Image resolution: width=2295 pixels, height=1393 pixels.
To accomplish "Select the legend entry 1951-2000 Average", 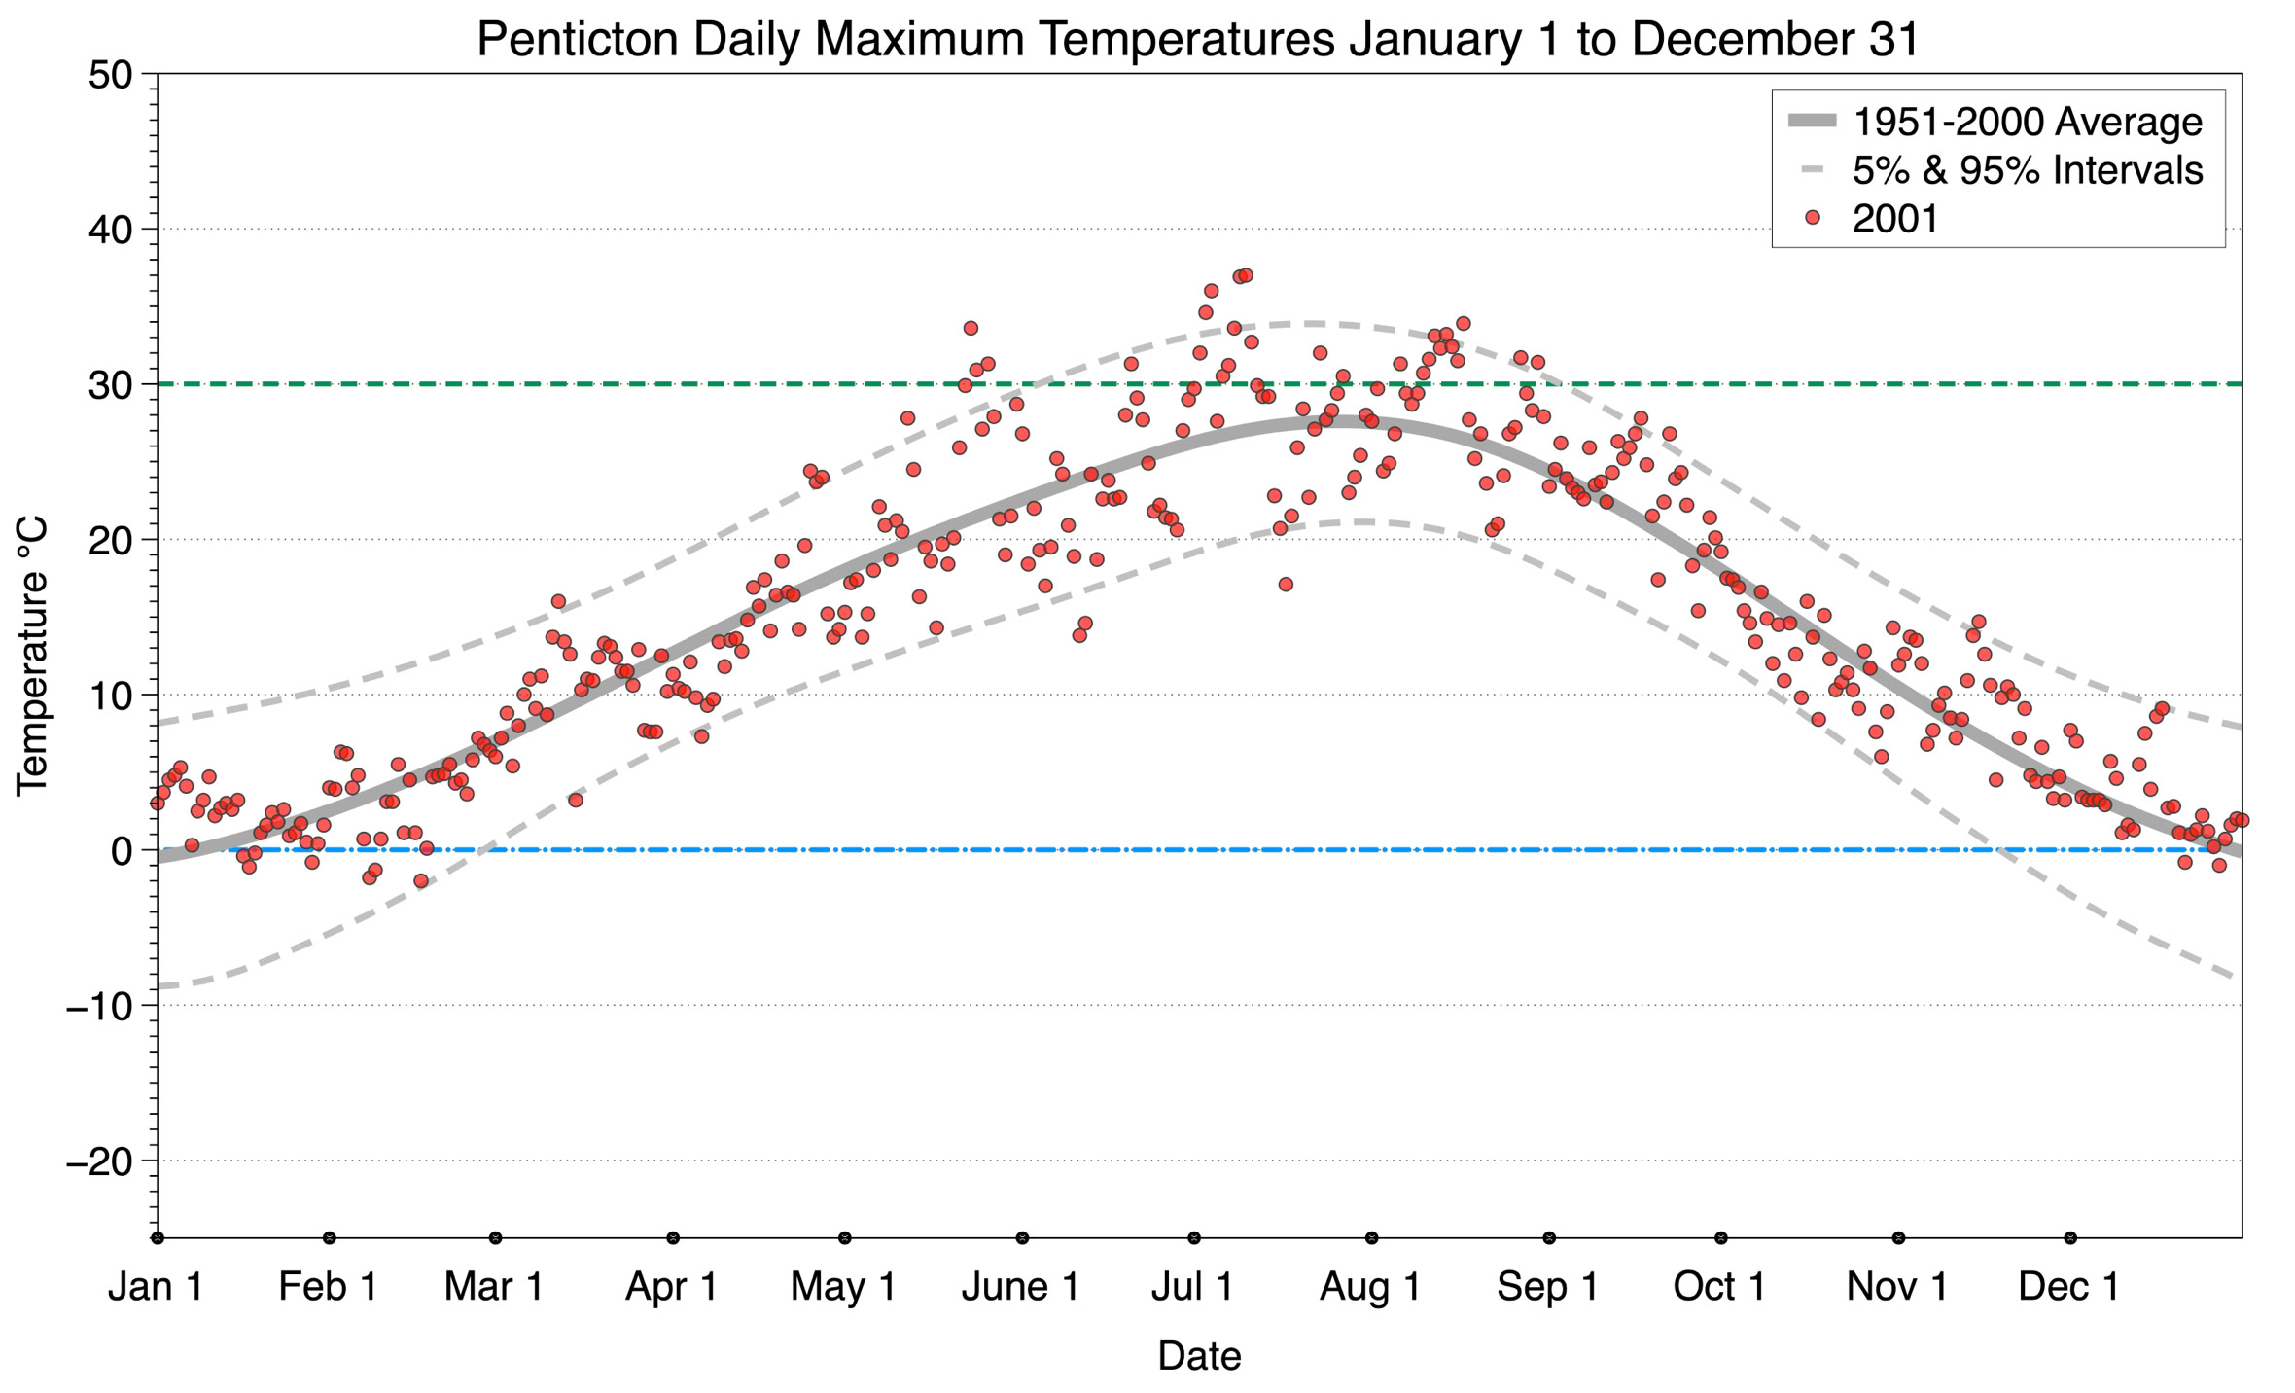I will click(2027, 122).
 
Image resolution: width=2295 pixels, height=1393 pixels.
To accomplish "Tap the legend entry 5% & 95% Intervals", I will click(2027, 170).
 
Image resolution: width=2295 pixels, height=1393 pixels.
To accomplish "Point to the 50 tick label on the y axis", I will click(110, 75).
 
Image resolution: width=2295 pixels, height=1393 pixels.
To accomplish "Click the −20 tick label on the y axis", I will click(98, 1161).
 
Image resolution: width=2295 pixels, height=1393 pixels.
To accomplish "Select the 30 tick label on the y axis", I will click(110, 385).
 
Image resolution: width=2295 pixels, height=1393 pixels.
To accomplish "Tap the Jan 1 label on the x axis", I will click(156, 1287).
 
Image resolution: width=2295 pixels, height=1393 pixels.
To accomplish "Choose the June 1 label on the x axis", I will click(1020, 1287).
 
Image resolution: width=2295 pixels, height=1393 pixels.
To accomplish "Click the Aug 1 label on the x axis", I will click(1369, 1287).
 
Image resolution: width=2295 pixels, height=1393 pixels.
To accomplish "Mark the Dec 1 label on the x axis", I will click(2068, 1287).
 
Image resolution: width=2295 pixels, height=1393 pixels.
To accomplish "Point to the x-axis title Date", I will click(1198, 1356).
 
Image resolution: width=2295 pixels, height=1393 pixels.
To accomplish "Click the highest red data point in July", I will click(1246, 275).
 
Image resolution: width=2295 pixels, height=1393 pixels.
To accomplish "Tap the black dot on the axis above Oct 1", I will click(1721, 1238).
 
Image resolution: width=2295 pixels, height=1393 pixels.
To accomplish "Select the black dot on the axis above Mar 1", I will click(496, 1238).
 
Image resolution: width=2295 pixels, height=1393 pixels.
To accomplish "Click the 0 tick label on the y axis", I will click(122, 851).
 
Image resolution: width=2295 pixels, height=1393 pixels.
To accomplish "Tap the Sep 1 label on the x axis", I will click(1547, 1287).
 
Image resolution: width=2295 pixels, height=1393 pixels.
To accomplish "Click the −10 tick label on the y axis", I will click(98, 1006).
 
